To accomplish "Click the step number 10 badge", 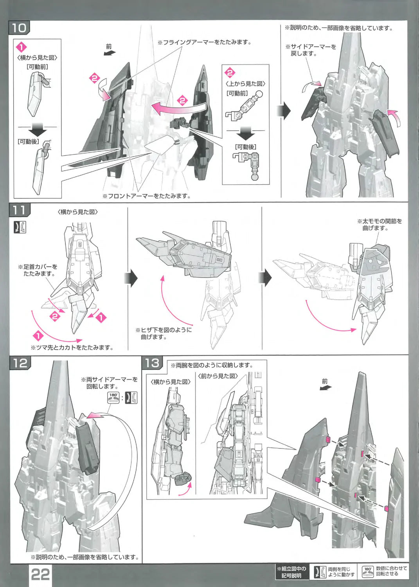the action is (x=19, y=27).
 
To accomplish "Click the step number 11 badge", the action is (x=19, y=210).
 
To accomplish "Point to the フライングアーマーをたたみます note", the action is (x=204, y=42).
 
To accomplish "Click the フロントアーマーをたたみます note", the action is (x=146, y=196).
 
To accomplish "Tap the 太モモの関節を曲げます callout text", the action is (x=379, y=225).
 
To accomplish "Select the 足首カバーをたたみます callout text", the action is (x=38, y=270).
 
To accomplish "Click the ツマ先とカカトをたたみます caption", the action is (x=72, y=348).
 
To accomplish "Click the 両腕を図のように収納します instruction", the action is (x=212, y=365).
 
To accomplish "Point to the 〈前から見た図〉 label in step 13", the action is (x=218, y=376).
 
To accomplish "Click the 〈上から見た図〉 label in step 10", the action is (x=246, y=84).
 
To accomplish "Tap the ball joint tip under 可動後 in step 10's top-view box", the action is (x=254, y=177).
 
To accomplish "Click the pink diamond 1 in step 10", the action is (x=22, y=47).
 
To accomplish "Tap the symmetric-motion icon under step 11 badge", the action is (x=20, y=227).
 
